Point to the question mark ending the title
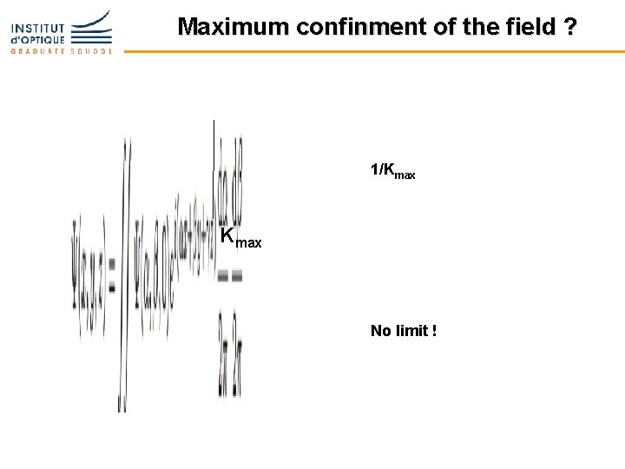pyautogui.click(x=569, y=27)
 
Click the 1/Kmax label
pyautogui.click(x=392, y=170)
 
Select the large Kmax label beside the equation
pyautogui.click(x=240, y=237)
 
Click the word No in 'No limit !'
pyautogui.click(x=380, y=330)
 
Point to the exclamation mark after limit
pyautogui.click(x=434, y=330)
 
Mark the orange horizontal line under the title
pyautogui.click(x=373, y=51)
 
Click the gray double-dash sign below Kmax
pyautogui.click(x=229, y=276)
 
